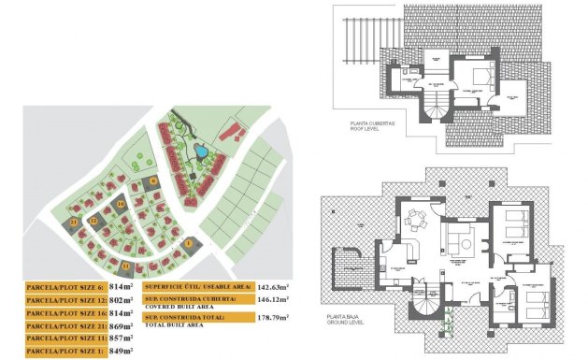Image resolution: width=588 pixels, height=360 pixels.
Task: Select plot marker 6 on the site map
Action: tap(153, 180)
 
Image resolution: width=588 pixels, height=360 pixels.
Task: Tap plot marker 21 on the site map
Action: tap(74, 223)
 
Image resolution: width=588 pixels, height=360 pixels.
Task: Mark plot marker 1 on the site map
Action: tap(186, 244)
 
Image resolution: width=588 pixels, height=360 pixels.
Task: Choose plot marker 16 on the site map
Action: tap(121, 203)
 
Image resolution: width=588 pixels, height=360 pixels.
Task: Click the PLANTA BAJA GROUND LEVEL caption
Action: tap(347, 320)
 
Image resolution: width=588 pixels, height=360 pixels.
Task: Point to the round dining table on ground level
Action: tap(415, 222)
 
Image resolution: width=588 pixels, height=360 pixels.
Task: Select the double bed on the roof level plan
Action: tap(477, 75)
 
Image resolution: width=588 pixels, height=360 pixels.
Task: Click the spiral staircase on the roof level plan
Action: tap(435, 108)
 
